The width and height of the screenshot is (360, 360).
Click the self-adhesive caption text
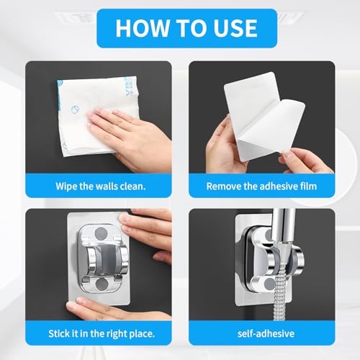(266, 333)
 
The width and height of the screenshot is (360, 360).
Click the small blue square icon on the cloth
(76, 109)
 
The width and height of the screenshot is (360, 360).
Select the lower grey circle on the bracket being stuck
(102, 284)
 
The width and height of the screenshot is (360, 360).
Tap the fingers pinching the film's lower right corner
(305, 160)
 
